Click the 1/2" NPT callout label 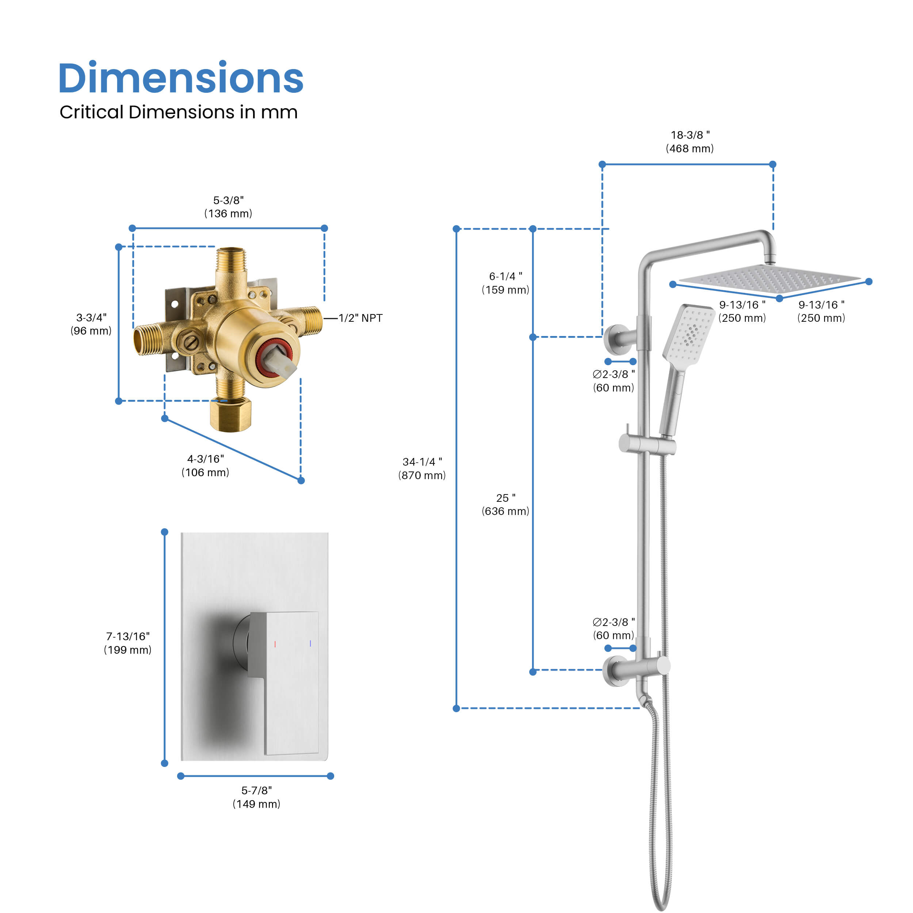click(360, 318)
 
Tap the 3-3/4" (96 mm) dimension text click(91, 324)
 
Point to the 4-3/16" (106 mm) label click(206, 466)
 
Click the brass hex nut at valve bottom click(230, 415)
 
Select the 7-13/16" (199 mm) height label click(127, 643)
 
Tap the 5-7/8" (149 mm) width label click(257, 797)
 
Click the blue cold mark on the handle click(310, 643)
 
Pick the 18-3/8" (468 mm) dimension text click(690, 142)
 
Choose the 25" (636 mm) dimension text click(506, 504)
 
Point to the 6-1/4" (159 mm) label click(506, 283)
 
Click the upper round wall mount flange click(615, 339)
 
